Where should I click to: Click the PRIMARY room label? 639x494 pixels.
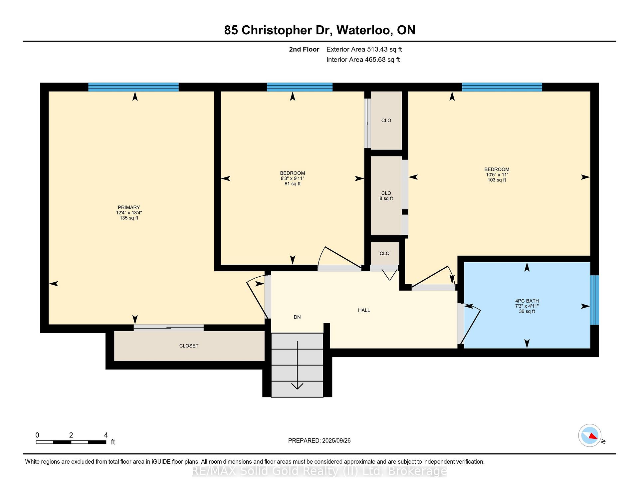129,207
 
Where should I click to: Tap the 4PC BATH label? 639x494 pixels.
527,301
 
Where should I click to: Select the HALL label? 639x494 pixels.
364,310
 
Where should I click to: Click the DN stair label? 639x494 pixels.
297,317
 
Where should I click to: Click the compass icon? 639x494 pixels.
590,435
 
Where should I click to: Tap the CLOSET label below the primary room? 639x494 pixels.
189,346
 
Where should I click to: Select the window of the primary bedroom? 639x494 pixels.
133,87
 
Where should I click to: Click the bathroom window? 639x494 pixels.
595,300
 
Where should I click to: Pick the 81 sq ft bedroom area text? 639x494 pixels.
293,184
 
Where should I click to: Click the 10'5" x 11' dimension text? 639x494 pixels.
497,175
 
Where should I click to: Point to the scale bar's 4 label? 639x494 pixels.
106,435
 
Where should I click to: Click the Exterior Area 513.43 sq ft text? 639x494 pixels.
364,49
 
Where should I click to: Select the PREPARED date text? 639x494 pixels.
319,441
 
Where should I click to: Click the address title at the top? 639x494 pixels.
320,30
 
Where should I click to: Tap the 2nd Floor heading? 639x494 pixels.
304,49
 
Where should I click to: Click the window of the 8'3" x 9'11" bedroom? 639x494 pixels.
300,87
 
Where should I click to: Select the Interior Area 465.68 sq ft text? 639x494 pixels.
363,60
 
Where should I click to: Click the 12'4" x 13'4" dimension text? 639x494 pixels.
129,213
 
